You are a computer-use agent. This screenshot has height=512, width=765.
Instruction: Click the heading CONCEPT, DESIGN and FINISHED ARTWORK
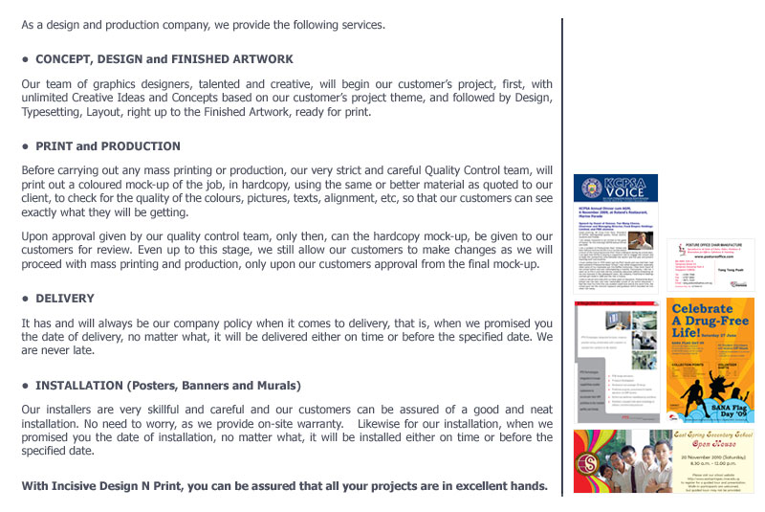coord(164,59)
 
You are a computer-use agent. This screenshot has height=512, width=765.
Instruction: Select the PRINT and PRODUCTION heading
coord(108,146)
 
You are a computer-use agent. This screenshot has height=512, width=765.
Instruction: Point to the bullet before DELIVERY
coord(25,298)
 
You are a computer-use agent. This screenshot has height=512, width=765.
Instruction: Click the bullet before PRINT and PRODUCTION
coord(25,146)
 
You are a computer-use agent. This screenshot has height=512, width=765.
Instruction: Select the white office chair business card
coord(710,264)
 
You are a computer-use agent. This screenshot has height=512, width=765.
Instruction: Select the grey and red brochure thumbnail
coord(616,361)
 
